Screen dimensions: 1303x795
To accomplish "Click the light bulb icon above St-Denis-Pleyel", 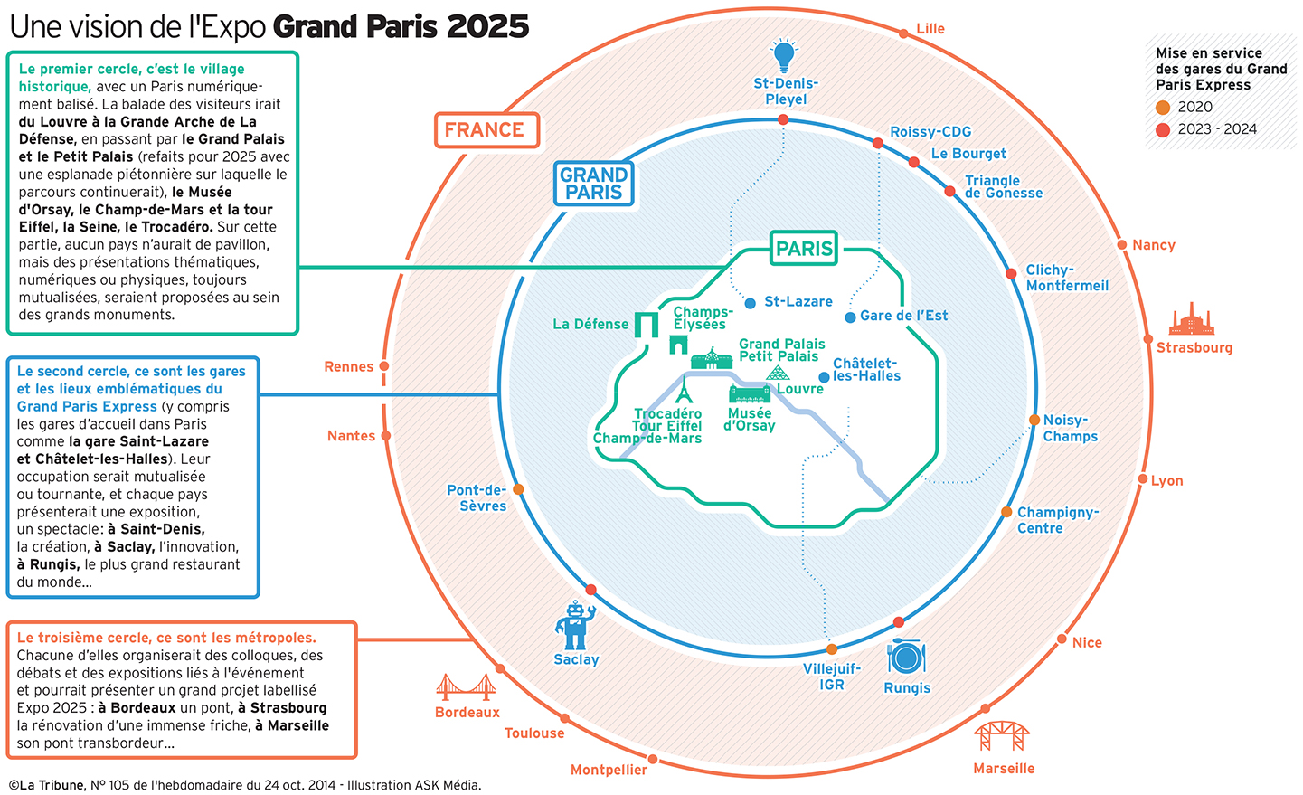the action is pos(784,56).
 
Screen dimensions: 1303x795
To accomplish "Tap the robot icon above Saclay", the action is pos(575,625).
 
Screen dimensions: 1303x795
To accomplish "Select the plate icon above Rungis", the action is pos(906,658).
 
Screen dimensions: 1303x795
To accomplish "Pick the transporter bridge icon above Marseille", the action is pos(1002,735).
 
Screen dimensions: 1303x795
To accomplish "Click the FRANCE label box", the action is pos(486,129).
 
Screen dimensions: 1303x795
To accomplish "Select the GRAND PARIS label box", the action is pos(593,184).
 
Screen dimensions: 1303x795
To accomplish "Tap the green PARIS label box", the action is pos(804,249).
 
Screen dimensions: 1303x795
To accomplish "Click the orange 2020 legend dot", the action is pos(1163,107).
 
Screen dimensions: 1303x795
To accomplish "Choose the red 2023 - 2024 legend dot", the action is pos(1163,129).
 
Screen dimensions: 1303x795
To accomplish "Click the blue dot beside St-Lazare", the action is pos(751,303).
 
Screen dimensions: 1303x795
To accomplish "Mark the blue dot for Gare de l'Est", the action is pos(851,317).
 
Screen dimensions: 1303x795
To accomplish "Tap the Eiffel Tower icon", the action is pos(685,389).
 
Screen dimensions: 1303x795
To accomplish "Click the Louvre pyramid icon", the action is pos(778,373).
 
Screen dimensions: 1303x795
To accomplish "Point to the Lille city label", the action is pos(930,29).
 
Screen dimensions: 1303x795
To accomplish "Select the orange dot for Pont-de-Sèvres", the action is pos(518,489).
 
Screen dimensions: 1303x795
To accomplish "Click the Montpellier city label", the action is pos(609,770).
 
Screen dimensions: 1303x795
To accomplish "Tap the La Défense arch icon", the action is pos(647,325).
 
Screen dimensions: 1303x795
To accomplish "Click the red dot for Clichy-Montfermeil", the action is pos(1011,273).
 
